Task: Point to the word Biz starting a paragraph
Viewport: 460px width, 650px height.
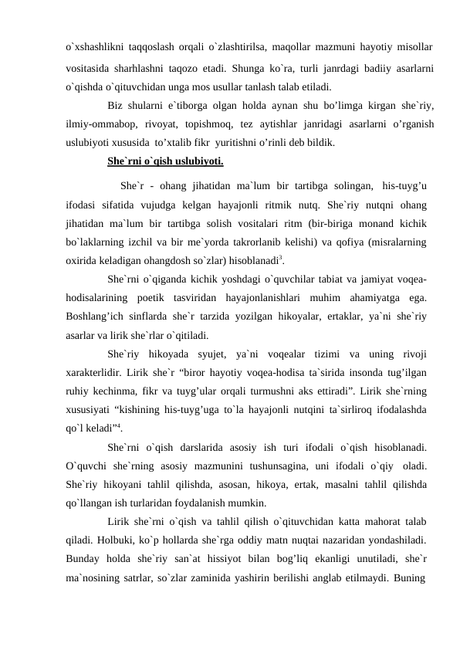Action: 116,106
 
